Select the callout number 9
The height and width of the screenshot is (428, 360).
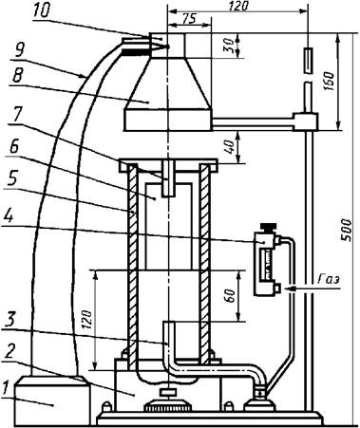click(20, 50)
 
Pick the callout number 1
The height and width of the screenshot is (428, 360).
click(4, 387)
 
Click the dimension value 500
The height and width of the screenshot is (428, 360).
click(348, 230)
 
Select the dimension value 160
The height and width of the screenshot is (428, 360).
click(330, 82)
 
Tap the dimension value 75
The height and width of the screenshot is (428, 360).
click(189, 19)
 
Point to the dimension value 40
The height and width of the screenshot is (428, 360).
click(231, 146)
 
